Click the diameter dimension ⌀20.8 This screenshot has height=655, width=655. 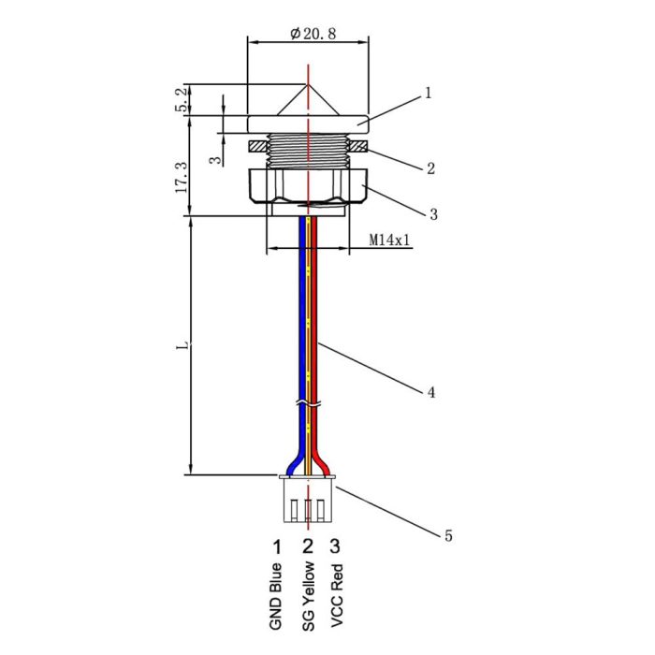pos(313,34)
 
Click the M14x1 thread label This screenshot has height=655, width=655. pos(388,240)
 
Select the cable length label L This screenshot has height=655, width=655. pos(186,345)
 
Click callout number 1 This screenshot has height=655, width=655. pos(428,94)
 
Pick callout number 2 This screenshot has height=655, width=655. pos(429,169)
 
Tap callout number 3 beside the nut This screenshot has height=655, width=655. pos(433,215)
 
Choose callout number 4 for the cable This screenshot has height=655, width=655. pos(430,393)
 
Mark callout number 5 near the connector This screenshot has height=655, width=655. pos(447,536)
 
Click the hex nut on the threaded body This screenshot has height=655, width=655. pos(308,185)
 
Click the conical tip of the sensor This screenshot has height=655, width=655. pos(308,99)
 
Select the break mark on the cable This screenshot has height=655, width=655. pos(308,404)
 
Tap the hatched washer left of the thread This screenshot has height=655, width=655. pos(257,147)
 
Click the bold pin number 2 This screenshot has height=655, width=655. pos(308,546)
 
